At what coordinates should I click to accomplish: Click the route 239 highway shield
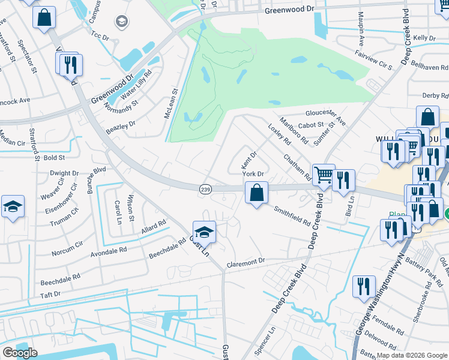205,189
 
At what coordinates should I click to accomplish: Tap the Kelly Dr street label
424,38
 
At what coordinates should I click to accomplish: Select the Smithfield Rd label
292,217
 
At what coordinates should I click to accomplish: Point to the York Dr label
253,173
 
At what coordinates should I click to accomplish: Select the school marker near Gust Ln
204,232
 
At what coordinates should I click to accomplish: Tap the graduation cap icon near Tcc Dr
122,22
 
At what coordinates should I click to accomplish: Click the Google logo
19,353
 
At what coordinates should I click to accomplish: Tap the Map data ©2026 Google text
412,355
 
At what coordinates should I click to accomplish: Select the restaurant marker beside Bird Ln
343,179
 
